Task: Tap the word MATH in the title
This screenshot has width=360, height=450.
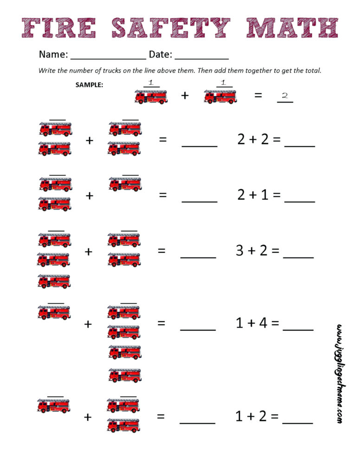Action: [x=291, y=27]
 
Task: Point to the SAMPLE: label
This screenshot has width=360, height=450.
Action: [x=89, y=85]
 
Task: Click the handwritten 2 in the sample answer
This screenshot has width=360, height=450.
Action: [x=285, y=96]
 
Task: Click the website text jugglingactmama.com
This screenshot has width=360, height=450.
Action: [x=340, y=373]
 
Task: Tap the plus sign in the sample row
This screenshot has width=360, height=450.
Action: [x=185, y=96]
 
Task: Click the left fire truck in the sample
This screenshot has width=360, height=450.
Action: [x=151, y=96]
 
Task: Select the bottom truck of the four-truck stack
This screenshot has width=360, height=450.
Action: [x=124, y=374]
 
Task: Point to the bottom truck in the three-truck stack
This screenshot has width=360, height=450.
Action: [x=54, y=281]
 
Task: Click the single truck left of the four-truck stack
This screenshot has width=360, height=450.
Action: [x=54, y=312]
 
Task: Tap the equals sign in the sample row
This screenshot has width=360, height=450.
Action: [x=258, y=96]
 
